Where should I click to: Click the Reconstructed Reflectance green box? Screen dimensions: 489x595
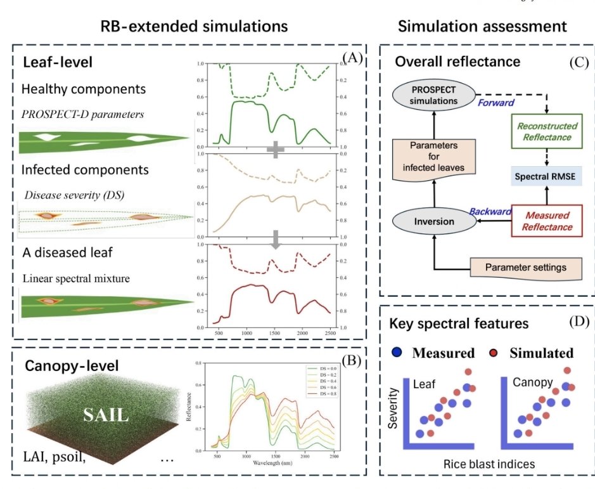546,133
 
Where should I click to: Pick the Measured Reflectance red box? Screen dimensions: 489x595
547,221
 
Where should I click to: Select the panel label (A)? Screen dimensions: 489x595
352,58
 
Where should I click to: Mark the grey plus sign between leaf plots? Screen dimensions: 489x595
276,150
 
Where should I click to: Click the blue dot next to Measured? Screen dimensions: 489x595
397,353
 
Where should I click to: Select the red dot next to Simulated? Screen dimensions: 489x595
492,353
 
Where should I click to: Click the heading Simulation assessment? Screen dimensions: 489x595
482,27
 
